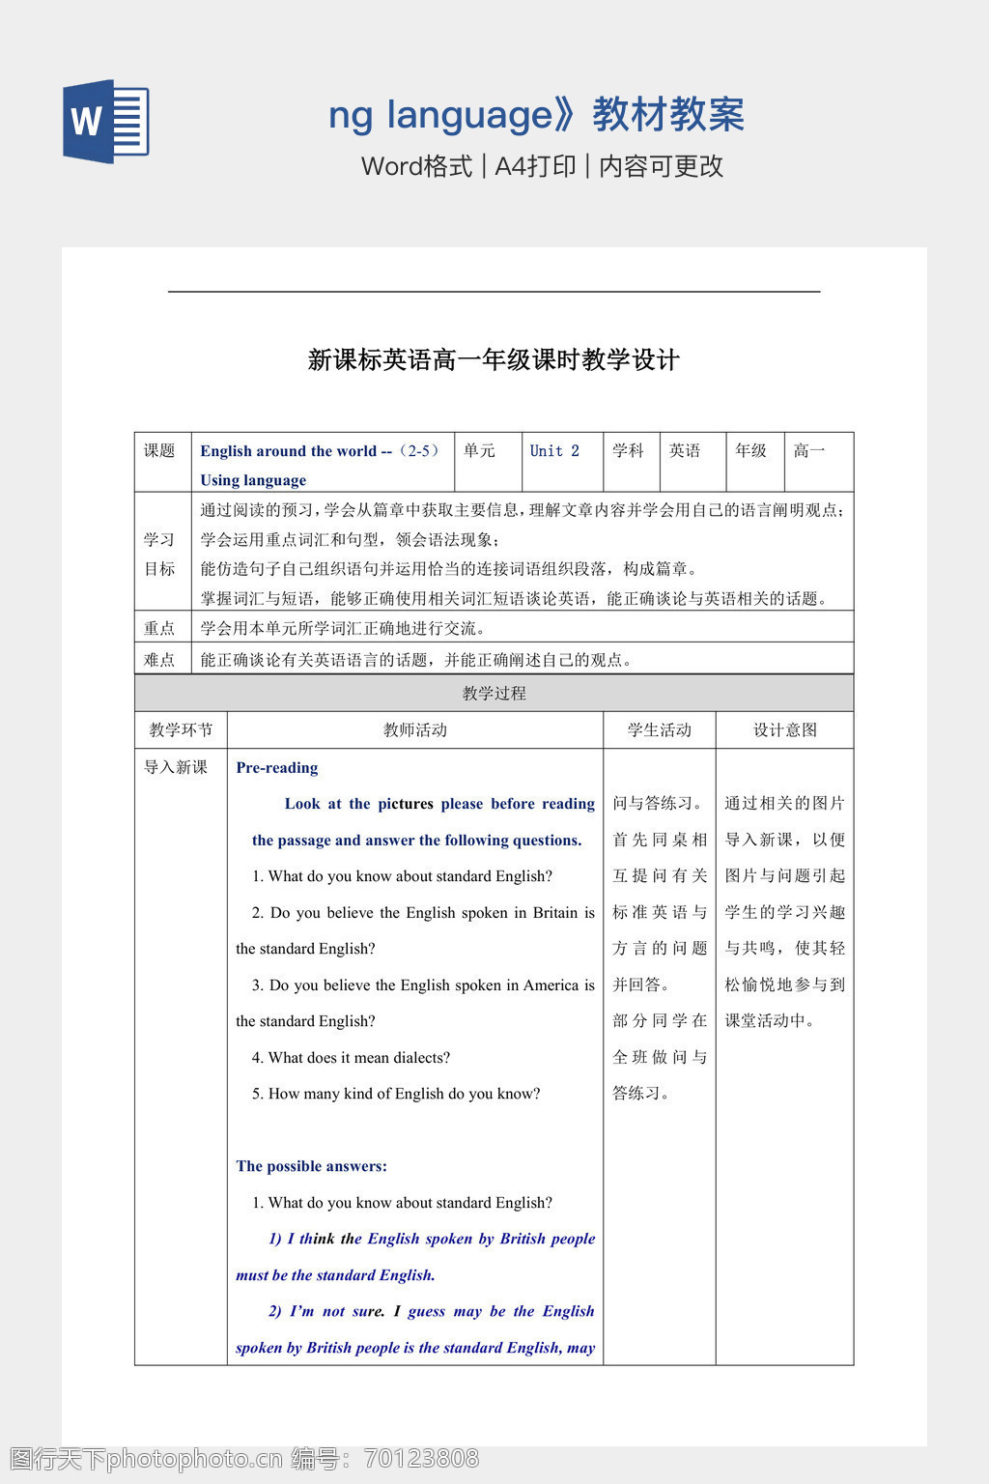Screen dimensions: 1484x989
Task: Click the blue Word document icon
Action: pyautogui.click(x=106, y=122)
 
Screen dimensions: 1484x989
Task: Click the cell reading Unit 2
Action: pyautogui.click(x=554, y=451)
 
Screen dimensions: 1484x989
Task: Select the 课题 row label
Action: pyautogui.click(x=160, y=451)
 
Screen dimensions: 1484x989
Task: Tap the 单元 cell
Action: pyautogui.click(x=479, y=451)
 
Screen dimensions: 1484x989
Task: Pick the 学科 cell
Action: pyautogui.click(x=628, y=451)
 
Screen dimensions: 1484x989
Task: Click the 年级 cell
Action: pyautogui.click(x=750, y=451)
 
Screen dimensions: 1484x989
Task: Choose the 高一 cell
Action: pyautogui.click(x=809, y=451)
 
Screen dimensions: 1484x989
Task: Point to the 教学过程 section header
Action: pyautogui.click(x=494, y=693)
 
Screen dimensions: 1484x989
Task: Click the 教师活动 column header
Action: pyautogui.click(x=414, y=730)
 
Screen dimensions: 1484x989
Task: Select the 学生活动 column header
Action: pyautogui.click(x=660, y=730)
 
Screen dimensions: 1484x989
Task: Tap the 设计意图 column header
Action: pyautogui.click(x=784, y=730)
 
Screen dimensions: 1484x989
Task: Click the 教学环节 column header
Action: pyautogui.click(x=181, y=730)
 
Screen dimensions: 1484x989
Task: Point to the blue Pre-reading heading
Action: pyautogui.click(x=277, y=768)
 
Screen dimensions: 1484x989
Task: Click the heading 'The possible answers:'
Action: pyautogui.click(x=311, y=1166)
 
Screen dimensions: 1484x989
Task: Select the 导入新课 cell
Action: pyautogui.click(x=176, y=768)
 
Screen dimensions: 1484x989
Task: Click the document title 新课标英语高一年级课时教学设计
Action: pyautogui.click(x=494, y=360)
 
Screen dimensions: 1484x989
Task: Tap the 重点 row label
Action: pyautogui.click(x=160, y=629)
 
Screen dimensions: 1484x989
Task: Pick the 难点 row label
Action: pyautogui.click(x=160, y=661)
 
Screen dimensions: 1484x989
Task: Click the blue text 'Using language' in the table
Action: pyautogui.click(x=253, y=480)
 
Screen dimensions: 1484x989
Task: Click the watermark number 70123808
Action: pyautogui.click(x=421, y=1458)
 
